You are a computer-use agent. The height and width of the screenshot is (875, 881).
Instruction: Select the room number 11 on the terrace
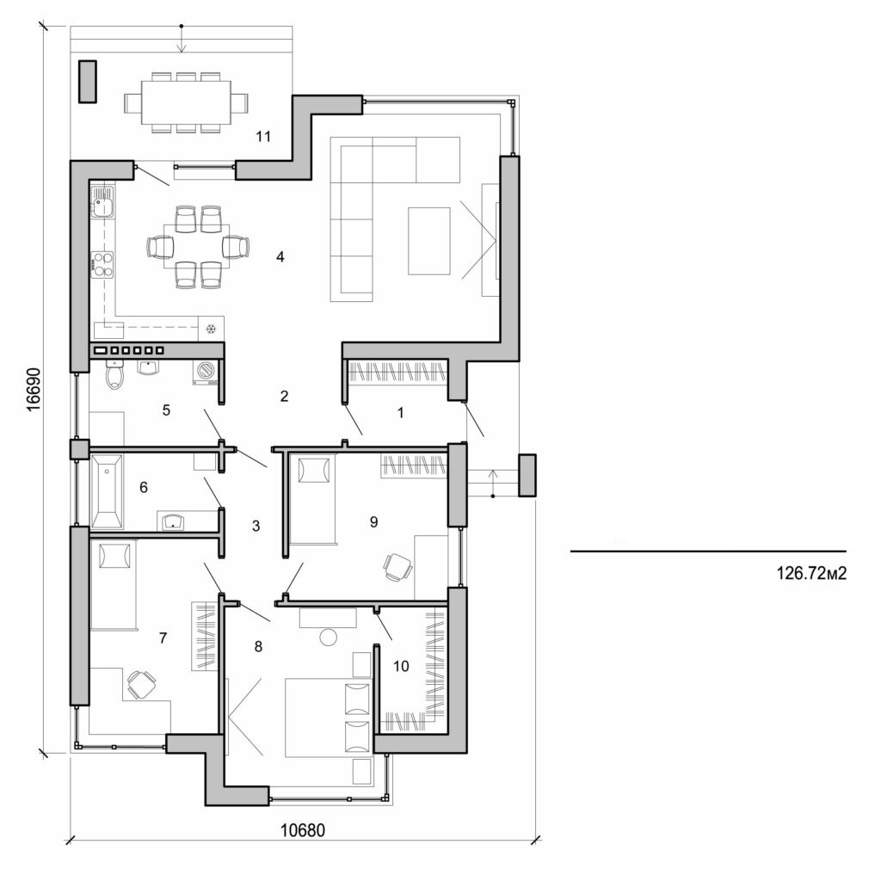(264, 136)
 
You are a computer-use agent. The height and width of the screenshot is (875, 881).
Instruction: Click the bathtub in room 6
(106, 492)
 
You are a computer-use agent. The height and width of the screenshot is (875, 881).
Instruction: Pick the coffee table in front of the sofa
(429, 240)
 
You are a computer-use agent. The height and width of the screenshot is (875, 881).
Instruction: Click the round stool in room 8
(329, 637)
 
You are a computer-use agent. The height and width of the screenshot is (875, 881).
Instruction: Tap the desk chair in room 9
(397, 565)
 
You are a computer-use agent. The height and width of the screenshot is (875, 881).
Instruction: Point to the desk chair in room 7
(141, 684)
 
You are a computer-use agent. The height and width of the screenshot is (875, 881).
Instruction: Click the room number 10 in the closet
(402, 665)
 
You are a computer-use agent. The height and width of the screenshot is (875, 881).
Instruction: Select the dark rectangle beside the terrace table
(87, 82)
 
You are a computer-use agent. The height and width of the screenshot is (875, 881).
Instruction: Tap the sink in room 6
(175, 521)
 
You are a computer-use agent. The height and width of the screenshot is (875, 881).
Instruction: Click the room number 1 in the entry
(400, 412)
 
